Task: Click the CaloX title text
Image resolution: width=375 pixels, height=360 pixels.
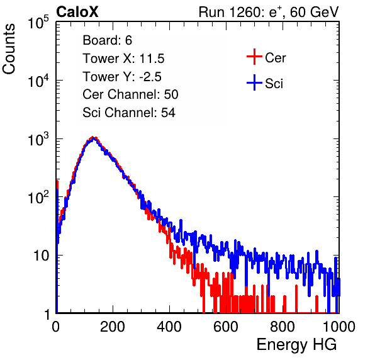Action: click(77, 12)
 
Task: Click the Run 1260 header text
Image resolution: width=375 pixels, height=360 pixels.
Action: click(269, 12)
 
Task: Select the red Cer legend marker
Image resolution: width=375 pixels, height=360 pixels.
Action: click(254, 57)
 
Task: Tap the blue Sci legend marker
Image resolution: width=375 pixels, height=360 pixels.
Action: click(254, 83)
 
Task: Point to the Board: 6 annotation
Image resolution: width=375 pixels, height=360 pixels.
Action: click(108, 40)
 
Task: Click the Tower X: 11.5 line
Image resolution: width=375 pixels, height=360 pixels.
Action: click(123, 59)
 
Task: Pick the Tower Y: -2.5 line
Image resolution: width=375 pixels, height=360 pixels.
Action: click(122, 77)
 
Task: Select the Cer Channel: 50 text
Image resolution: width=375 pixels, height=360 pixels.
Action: click(130, 94)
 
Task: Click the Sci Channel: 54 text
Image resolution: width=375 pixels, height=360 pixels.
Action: click(129, 113)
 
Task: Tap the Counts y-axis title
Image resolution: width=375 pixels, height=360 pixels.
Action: click(9, 49)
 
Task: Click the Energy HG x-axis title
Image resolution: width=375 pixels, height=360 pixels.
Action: click(296, 345)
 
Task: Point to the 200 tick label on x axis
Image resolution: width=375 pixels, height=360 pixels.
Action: click(113, 327)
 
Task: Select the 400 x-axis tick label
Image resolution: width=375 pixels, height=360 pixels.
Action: click(169, 327)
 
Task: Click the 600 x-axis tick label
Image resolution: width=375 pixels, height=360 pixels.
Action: click(226, 327)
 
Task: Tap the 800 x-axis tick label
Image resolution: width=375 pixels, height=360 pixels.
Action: click(283, 327)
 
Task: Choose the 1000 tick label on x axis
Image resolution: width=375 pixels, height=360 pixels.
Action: click(339, 327)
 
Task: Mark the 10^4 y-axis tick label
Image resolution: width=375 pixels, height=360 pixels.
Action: click(38, 81)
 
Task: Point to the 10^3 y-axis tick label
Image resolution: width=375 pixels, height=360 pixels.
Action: click(38, 138)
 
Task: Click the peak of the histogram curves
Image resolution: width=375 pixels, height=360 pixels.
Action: click(93, 138)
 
